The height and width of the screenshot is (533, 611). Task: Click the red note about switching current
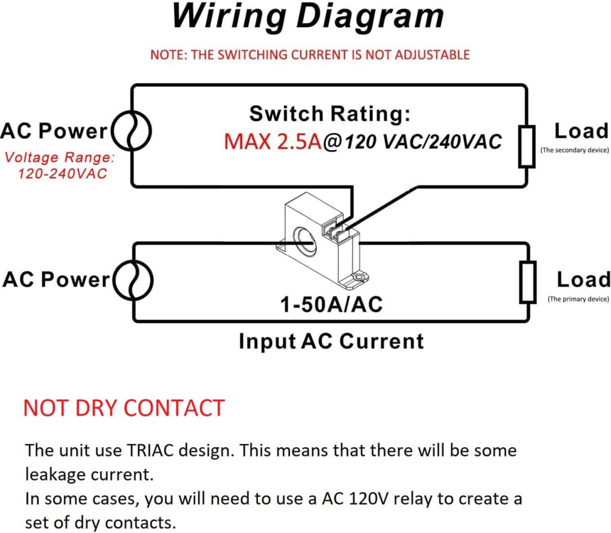pyautogui.click(x=310, y=55)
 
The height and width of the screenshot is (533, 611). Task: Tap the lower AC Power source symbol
pyautogui.click(x=134, y=279)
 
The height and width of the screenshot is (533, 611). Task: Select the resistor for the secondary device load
pyautogui.click(x=526, y=146)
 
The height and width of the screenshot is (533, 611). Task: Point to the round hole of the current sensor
pyautogui.click(x=307, y=240)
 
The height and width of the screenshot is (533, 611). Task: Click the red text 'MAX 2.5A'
pyautogui.click(x=272, y=141)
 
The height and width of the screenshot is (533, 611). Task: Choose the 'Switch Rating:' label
pyautogui.click(x=330, y=114)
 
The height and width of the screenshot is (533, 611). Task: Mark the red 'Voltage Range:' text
pyautogui.click(x=59, y=158)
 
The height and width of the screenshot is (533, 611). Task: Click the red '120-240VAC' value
pyautogui.click(x=63, y=173)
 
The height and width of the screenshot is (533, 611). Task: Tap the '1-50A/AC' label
pyautogui.click(x=331, y=305)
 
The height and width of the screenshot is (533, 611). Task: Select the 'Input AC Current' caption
pyautogui.click(x=331, y=341)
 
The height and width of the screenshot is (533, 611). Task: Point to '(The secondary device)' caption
pyautogui.click(x=574, y=151)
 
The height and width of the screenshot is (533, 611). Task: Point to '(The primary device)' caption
pyautogui.click(x=578, y=299)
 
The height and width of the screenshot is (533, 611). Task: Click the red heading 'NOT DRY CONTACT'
pyautogui.click(x=124, y=408)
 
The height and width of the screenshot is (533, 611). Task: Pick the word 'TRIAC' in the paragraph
pyautogui.click(x=152, y=451)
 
